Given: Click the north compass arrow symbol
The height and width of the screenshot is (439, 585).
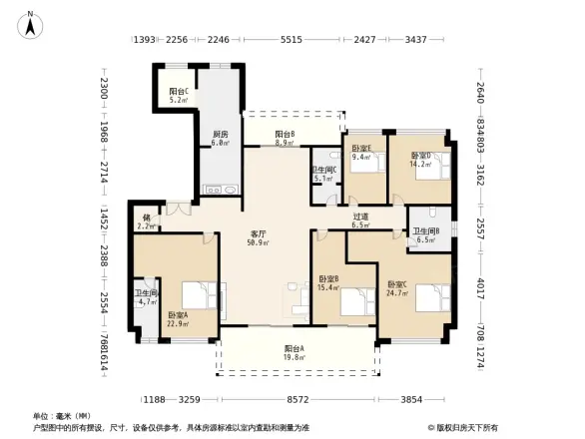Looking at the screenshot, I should pyautogui.click(x=31, y=23).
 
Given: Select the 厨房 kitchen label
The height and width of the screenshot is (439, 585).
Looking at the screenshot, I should pyautogui.click(x=220, y=138).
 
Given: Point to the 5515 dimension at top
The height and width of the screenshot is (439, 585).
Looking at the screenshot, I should pyautogui.click(x=292, y=41).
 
